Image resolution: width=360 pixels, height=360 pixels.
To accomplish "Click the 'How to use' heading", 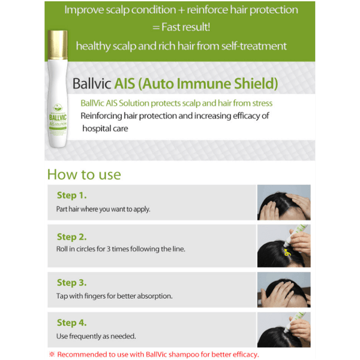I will pos(84,175).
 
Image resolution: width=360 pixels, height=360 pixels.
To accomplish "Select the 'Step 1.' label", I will pos(71,195).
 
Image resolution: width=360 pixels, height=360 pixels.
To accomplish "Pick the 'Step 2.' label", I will pos(71,237).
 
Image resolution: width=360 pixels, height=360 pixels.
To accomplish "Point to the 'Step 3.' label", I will pos(71,282).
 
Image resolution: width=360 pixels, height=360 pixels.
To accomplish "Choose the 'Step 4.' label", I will pos(71,322).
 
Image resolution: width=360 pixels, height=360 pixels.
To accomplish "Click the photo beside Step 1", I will pos(284,202).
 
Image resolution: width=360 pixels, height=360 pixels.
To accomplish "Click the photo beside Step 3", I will pos(284,289).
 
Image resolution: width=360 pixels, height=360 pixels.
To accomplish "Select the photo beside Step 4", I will pos(284,329).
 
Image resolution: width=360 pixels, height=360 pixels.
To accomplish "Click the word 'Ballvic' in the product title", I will pos(91,83).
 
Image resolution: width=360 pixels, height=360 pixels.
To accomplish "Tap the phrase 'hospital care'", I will pos(106,128).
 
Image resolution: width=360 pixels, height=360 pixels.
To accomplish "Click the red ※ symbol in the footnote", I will pos(52,354).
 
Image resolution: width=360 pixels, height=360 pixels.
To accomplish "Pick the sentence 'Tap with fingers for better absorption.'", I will pos(114,296).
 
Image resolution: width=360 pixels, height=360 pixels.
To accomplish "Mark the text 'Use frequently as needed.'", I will pos(96,336).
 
